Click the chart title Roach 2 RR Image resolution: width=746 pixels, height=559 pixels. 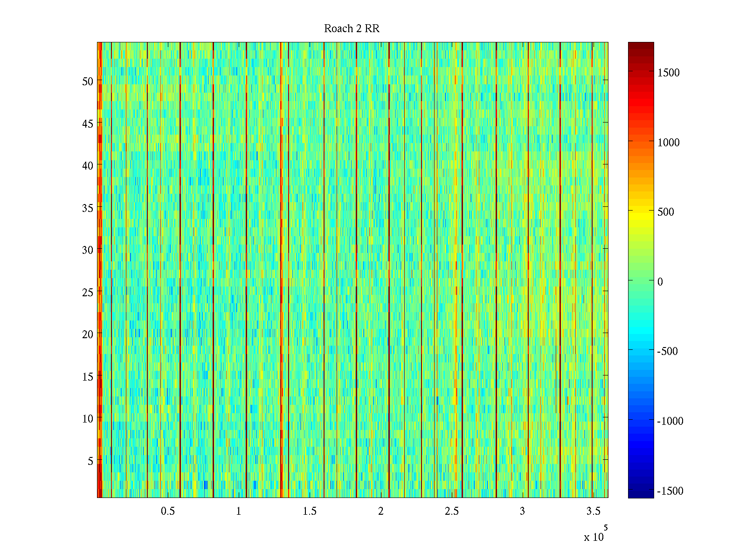tap(352, 29)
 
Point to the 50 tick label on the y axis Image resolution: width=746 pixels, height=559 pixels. tap(88, 82)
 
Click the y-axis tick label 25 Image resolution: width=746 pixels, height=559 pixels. tap(88, 293)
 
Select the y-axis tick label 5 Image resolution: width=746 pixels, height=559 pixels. tap(90, 461)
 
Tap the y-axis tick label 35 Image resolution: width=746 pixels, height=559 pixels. tap(88, 208)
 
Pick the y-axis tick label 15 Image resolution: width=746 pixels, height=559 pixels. tap(88, 377)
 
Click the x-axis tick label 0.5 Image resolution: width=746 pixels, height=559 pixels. tap(168, 511)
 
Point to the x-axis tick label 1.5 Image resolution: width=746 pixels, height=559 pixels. tap(310, 511)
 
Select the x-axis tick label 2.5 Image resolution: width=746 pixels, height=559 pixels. tap(451, 511)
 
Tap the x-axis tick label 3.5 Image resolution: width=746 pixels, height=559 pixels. tap(593, 511)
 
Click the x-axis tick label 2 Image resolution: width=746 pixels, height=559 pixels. tap(380, 511)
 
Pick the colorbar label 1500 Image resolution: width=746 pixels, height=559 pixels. tap(669, 73)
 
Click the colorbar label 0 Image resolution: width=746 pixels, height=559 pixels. tap(660, 282)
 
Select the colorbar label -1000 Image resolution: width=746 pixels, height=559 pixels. tap(670, 421)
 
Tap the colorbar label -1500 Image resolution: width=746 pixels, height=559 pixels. tap(670, 491)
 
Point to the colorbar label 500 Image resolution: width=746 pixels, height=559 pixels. tap(666, 212)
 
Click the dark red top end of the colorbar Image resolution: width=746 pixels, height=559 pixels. tap(641, 45)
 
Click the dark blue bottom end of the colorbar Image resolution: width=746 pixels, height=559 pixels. tap(641, 495)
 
